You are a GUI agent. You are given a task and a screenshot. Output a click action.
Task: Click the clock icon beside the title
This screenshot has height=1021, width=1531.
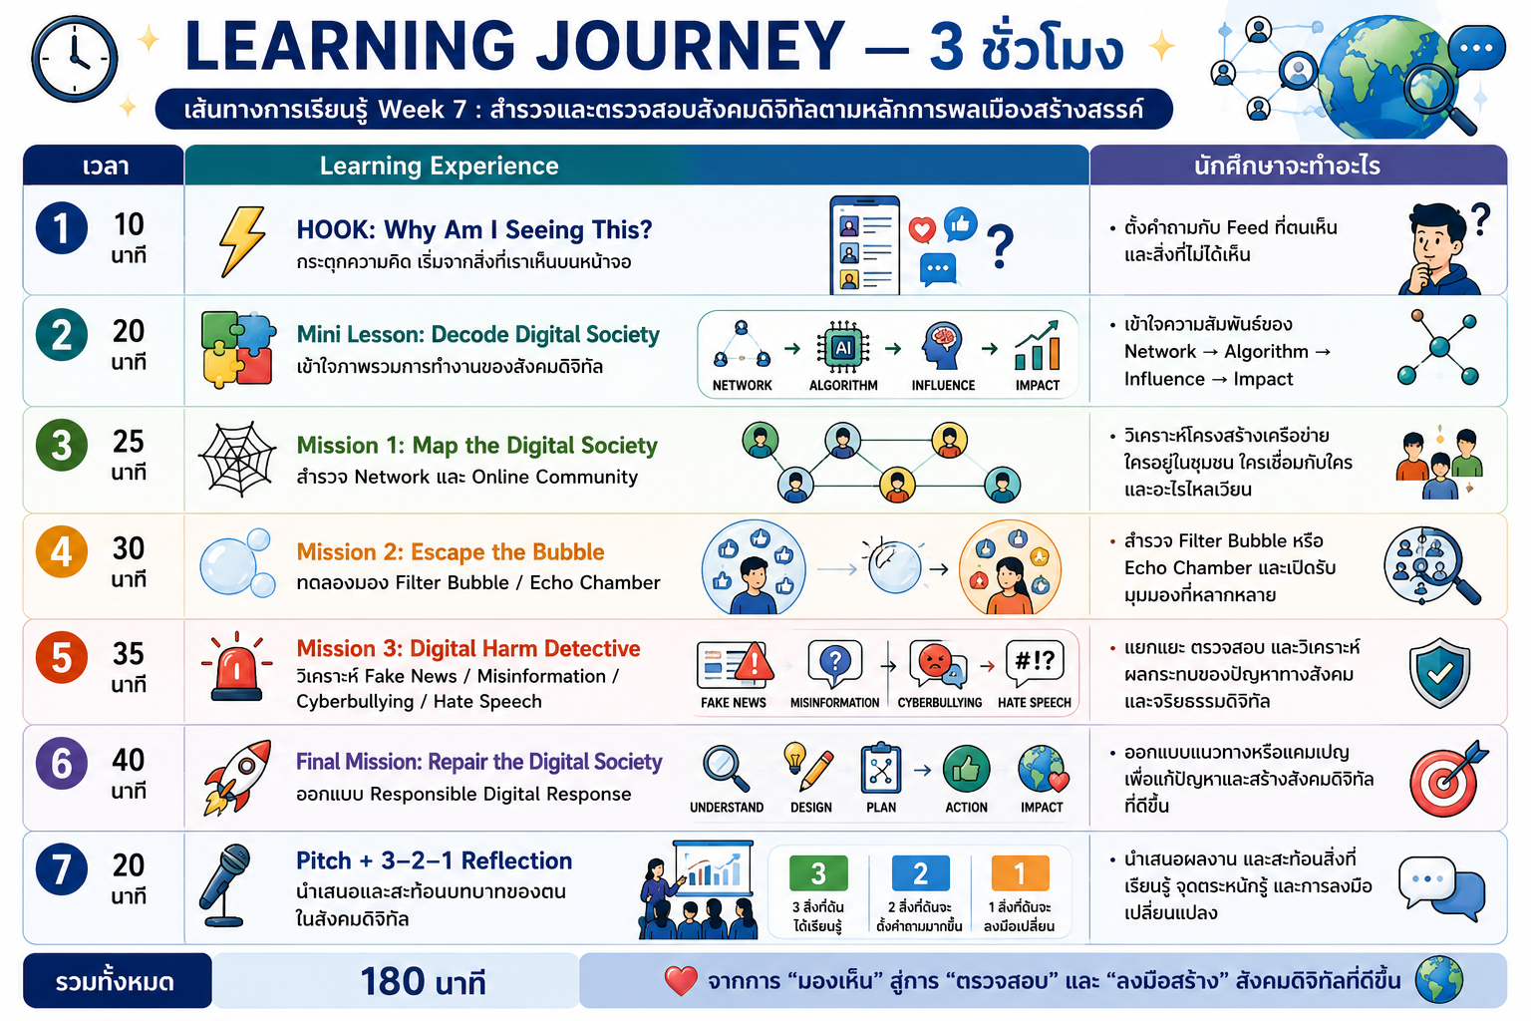coord(74,59)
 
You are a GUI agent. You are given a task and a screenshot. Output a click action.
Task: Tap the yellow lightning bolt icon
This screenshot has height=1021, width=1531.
coord(242,240)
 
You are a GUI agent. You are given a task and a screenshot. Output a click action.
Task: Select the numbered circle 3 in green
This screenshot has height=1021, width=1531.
coord(62,445)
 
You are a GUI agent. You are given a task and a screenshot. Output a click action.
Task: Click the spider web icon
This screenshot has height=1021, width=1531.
coord(237,459)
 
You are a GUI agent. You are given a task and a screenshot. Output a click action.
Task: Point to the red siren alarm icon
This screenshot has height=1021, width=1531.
coord(236,667)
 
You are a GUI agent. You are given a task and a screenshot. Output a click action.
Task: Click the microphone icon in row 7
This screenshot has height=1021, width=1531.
coord(225,885)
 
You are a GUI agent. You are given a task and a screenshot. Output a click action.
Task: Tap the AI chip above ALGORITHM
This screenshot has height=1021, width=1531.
coord(843,347)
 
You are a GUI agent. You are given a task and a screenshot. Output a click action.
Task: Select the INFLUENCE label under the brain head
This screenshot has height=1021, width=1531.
coord(943,386)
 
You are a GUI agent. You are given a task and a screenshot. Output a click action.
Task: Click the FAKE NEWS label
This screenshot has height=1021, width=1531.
coord(734,702)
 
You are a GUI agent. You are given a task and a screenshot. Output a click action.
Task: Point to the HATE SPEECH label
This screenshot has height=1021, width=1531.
coord(1034,702)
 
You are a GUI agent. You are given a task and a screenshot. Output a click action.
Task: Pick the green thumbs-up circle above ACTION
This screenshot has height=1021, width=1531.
coord(966,769)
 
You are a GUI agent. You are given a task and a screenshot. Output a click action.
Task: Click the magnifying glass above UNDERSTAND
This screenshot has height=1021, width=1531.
coord(726,768)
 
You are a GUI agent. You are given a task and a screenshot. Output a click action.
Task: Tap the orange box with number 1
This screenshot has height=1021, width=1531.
coord(1020,873)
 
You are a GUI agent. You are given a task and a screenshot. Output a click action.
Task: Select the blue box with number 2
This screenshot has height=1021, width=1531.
coord(921,873)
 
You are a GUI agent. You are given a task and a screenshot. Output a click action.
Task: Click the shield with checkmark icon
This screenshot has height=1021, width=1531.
coord(1439,673)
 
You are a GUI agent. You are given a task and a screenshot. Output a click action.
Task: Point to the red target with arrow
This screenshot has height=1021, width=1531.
coord(1445,779)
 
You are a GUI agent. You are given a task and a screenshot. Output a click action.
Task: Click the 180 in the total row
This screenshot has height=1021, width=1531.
coord(393,981)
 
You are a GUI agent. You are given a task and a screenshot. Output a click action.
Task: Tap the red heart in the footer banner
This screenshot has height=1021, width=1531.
coord(681,981)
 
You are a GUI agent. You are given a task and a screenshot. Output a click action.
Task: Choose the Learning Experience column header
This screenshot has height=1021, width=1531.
coord(439,166)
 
